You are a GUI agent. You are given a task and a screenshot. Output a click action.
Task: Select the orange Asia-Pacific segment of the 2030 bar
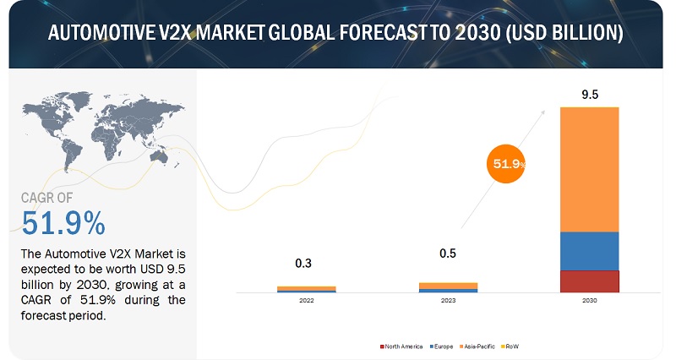point(589,169)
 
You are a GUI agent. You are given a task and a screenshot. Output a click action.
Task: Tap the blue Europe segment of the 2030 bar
point(589,251)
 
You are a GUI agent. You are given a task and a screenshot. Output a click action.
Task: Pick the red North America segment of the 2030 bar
point(589,281)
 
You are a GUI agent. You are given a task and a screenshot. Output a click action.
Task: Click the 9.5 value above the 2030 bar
point(589,95)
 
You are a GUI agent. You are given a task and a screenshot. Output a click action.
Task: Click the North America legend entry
point(402,346)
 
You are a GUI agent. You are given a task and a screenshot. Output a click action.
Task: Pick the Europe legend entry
point(442,346)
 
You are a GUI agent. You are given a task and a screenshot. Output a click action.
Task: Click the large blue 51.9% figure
point(63,224)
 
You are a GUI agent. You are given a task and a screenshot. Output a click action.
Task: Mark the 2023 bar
point(448,287)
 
